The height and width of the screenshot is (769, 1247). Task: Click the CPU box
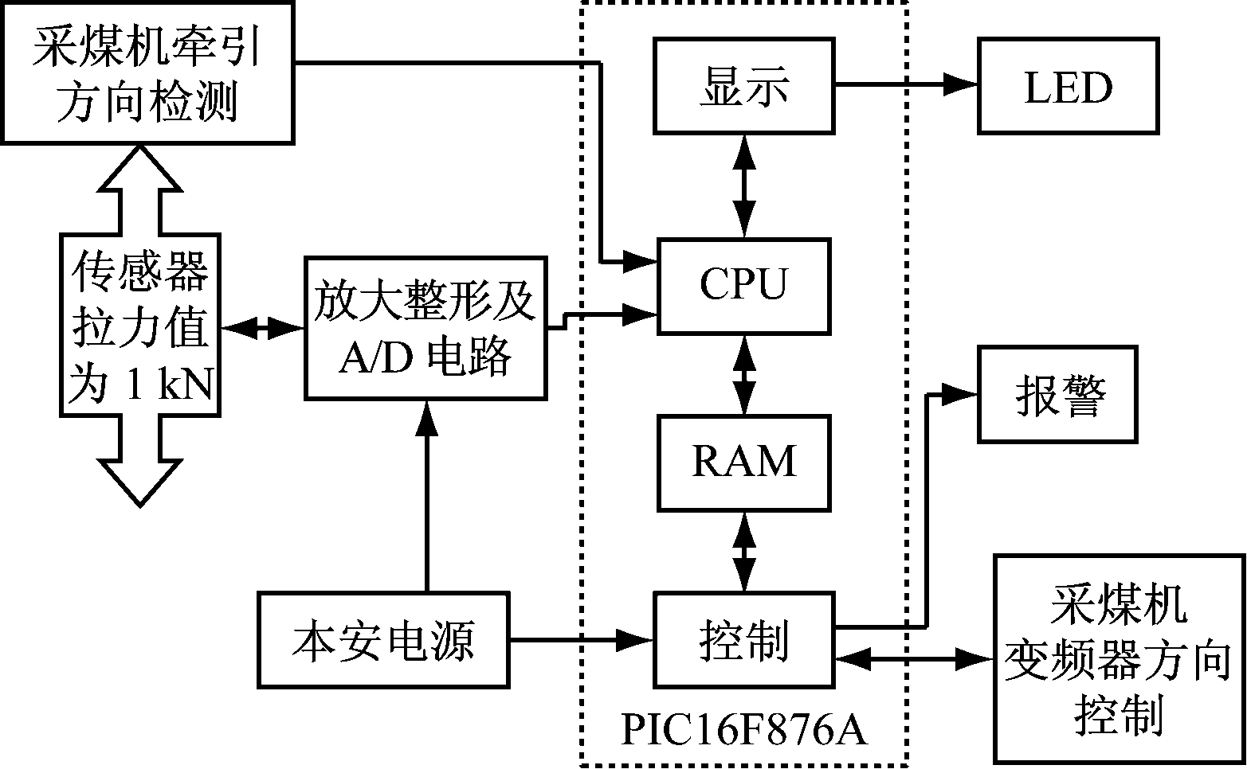coord(743,285)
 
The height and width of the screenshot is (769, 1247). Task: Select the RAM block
coord(743,462)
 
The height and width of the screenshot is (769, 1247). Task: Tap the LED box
coord(1068,86)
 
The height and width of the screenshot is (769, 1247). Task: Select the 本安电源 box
coord(383,639)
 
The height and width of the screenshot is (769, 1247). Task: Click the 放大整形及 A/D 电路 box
coord(425,327)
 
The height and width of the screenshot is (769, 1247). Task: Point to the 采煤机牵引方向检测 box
coord(147,72)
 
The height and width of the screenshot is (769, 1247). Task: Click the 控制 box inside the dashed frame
coord(743,639)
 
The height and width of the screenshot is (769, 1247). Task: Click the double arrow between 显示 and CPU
coord(745,185)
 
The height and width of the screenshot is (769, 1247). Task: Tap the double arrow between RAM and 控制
coord(745,551)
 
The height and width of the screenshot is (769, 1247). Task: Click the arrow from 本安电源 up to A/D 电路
coord(427,494)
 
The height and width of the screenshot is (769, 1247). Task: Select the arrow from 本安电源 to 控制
coord(581,638)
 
